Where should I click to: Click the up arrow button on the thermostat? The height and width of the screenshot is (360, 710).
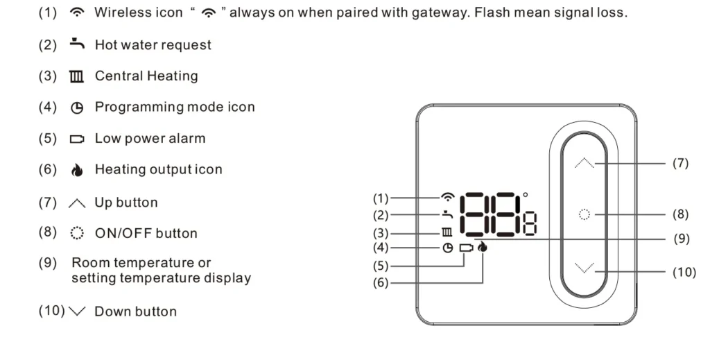pos(585,164)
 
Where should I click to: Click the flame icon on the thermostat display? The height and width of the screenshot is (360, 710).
pos(483,247)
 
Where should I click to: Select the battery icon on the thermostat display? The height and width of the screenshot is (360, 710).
pos(465,248)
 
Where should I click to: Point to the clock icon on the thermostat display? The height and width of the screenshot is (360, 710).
pos(448,248)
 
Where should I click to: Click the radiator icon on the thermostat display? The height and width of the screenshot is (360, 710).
pos(448,232)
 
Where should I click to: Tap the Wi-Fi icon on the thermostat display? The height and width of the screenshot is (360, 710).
pos(448,198)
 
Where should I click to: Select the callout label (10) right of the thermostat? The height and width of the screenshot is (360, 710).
pos(684,272)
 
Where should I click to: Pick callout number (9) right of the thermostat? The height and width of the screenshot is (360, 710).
pos(682,238)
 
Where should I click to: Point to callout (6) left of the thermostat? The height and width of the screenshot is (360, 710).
pos(381,283)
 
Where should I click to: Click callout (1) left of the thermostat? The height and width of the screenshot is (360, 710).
pos(381,198)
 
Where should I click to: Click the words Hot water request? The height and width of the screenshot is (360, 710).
pos(153,45)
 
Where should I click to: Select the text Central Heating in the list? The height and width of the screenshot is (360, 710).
pos(146,76)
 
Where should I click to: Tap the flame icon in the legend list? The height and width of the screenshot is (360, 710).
pos(76,170)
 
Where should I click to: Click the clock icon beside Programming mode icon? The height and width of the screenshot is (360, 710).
pos(76,108)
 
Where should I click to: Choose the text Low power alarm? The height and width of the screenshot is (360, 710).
pos(150,138)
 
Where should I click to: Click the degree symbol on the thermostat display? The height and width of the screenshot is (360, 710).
pos(525,196)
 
